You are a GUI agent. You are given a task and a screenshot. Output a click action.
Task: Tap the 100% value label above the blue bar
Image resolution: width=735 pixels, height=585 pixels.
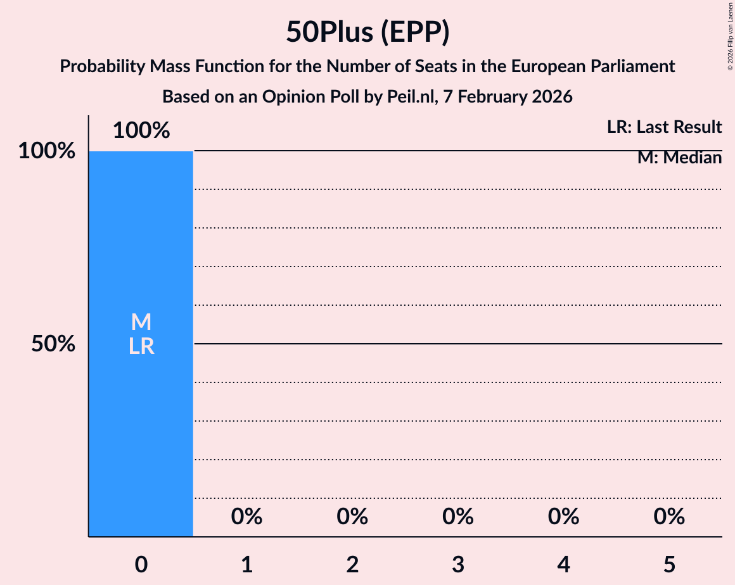pyautogui.click(x=141, y=131)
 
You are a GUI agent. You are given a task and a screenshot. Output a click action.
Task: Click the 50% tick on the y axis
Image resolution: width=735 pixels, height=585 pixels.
pyautogui.click(x=54, y=344)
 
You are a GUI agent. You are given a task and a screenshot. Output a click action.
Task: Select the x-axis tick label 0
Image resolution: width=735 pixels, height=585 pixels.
pyautogui.click(x=141, y=564)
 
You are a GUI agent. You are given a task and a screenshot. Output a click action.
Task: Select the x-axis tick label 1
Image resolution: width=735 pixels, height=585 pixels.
pyautogui.click(x=246, y=564)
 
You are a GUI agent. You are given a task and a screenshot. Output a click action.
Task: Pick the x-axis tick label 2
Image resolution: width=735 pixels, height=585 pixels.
pyautogui.click(x=352, y=564)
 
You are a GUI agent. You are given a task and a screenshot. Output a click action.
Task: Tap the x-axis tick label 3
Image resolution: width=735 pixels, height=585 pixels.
pyautogui.click(x=458, y=564)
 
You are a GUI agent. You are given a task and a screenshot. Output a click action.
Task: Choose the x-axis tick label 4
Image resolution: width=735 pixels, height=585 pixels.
pyautogui.click(x=563, y=564)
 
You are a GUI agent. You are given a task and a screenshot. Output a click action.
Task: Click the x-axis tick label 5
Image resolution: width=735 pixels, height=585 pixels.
pyautogui.click(x=669, y=564)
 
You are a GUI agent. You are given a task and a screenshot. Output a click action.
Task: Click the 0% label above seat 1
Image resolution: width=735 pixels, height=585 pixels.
pyautogui.click(x=246, y=517)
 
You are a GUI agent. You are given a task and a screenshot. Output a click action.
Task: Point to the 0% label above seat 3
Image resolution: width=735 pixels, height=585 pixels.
pyautogui.click(x=458, y=517)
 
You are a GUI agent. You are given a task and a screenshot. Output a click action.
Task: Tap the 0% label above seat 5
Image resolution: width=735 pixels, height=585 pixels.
pyautogui.click(x=669, y=517)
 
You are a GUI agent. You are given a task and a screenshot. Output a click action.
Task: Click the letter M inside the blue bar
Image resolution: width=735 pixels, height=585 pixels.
pyautogui.click(x=141, y=322)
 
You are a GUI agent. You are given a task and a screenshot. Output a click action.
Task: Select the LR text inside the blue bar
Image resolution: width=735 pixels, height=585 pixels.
pyautogui.click(x=141, y=346)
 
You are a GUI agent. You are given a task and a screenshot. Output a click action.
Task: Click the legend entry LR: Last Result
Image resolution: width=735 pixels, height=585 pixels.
pyautogui.click(x=664, y=127)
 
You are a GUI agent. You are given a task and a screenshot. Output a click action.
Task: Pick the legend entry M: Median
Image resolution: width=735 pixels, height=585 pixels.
pyautogui.click(x=679, y=158)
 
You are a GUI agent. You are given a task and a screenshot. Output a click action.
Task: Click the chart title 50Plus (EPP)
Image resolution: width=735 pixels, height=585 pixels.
pyautogui.click(x=367, y=32)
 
